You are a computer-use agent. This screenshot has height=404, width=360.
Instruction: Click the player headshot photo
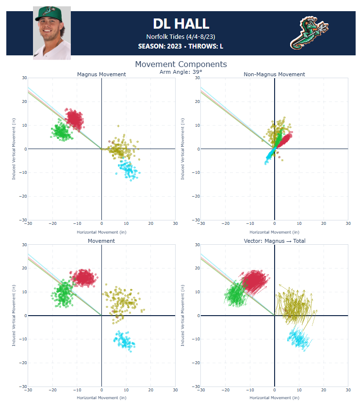[52, 33]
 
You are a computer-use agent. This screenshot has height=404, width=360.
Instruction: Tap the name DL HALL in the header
[180, 23]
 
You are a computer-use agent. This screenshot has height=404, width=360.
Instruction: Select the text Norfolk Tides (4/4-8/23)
[180, 36]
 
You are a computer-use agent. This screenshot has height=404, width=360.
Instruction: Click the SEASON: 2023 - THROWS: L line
[180, 46]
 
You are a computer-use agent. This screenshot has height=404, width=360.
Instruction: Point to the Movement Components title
[180, 64]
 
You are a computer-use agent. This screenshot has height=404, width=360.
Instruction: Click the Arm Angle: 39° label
[180, 72]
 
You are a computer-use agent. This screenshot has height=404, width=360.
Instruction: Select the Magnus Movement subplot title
[101, 74]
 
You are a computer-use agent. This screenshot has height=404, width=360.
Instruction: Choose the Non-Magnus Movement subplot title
[274, 74]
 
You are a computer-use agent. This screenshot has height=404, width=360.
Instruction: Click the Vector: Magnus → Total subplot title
[274, 241]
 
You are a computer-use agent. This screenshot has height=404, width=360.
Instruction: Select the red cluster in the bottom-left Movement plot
[83, 277]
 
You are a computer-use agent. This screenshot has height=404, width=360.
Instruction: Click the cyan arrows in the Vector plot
[298, 338]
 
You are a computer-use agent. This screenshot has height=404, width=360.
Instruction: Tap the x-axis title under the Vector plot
[274, 398]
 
